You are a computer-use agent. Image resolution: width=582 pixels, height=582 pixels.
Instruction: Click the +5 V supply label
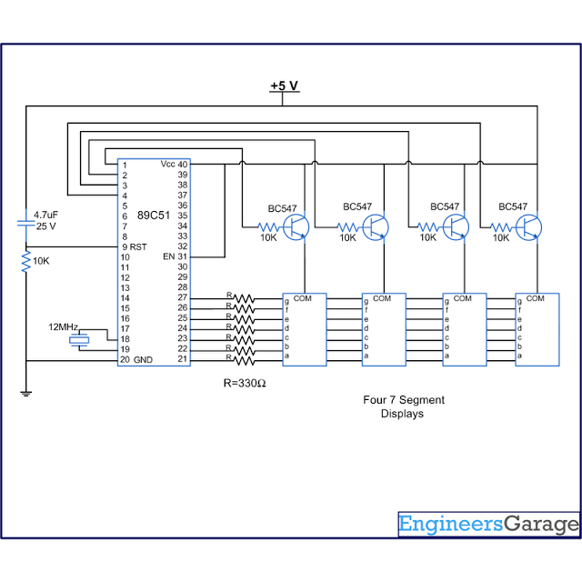click(285, 85)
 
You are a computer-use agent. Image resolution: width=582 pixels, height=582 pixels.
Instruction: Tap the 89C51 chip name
click(154, 216)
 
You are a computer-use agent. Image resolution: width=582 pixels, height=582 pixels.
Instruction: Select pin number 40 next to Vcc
click(183, 164)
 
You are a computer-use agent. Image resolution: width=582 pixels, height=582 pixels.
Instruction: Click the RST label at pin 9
click(138, 246)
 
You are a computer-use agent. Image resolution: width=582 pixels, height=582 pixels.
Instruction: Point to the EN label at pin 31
click(169, 256)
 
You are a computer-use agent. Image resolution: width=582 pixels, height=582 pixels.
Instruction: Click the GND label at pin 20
click(143, 360)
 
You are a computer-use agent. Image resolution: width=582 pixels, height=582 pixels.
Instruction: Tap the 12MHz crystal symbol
click(79, 339)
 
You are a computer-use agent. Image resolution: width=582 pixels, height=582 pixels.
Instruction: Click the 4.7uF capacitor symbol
click(26, 224)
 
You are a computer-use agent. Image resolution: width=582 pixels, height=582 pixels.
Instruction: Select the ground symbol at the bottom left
click(26, 394)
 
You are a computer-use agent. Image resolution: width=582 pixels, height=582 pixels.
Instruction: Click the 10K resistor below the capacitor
click(26, 261)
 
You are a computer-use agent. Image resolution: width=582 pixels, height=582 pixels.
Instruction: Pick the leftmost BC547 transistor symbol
click(296, 227)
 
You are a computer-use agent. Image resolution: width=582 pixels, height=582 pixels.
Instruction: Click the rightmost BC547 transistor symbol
click(529, 227)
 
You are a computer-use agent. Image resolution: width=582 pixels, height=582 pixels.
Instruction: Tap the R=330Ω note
click(245, 383)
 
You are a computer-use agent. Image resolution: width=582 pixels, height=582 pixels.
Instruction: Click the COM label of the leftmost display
click(303, 298)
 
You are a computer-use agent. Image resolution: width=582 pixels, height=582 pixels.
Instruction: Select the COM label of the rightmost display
click(536, 298)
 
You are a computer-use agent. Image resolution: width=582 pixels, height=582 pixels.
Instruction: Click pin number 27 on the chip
click(183, 297)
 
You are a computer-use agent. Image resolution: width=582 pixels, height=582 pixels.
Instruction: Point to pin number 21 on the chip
click(183, 358)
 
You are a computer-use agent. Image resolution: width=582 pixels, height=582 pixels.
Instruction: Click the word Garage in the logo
click(541, 524)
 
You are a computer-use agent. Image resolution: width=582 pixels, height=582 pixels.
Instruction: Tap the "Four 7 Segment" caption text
click(404, 400)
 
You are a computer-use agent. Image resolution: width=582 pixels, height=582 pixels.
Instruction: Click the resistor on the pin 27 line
click(245, 298)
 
